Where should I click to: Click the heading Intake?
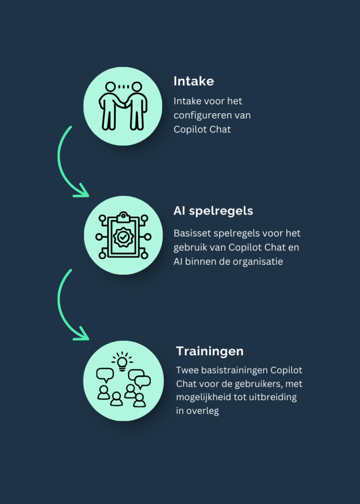click(194, 81)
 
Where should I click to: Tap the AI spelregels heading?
click(213, 211)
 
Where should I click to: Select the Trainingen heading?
click(210, 351)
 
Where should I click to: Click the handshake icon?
click(123, 106)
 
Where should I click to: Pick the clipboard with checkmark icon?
click(123, 235)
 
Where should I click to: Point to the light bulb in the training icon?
click(122, 362)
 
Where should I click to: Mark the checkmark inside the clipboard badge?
click(123, 237)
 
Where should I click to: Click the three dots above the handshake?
click(124, 87)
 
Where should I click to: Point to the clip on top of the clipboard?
click(124, 217)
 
